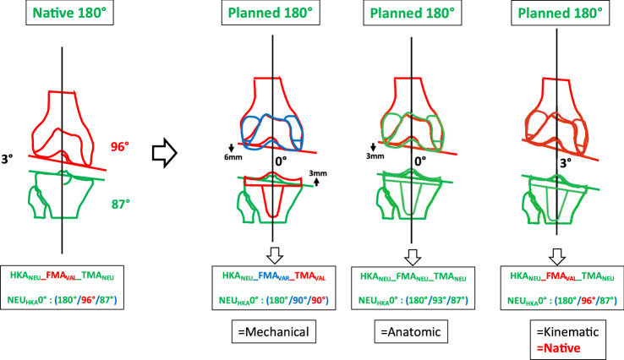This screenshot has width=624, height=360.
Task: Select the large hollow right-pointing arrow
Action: point(167,156)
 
